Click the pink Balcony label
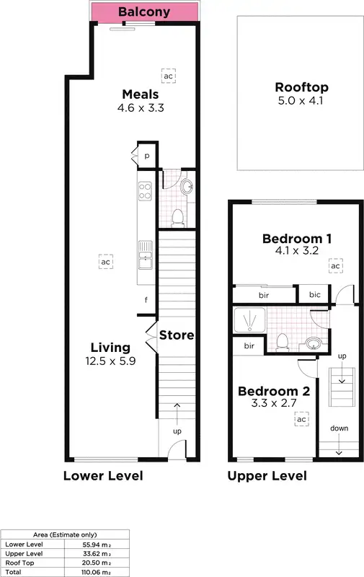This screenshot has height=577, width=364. tap(144, 12)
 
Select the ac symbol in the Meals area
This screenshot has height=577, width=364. tap(169, 75)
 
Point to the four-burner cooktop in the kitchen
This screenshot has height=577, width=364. tap(144, 190)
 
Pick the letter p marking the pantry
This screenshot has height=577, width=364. tap(146, 155)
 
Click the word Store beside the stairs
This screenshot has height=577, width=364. tap(177, 335)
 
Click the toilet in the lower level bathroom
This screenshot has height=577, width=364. tap(177, 216)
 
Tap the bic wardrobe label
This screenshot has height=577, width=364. tap(314, 294)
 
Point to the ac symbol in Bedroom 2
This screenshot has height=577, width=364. tap(301, 419)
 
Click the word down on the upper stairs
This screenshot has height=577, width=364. tap(339, 428)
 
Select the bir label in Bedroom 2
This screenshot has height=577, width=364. tap(249, 346)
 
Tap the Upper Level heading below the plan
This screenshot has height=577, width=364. tap(267, 476)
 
